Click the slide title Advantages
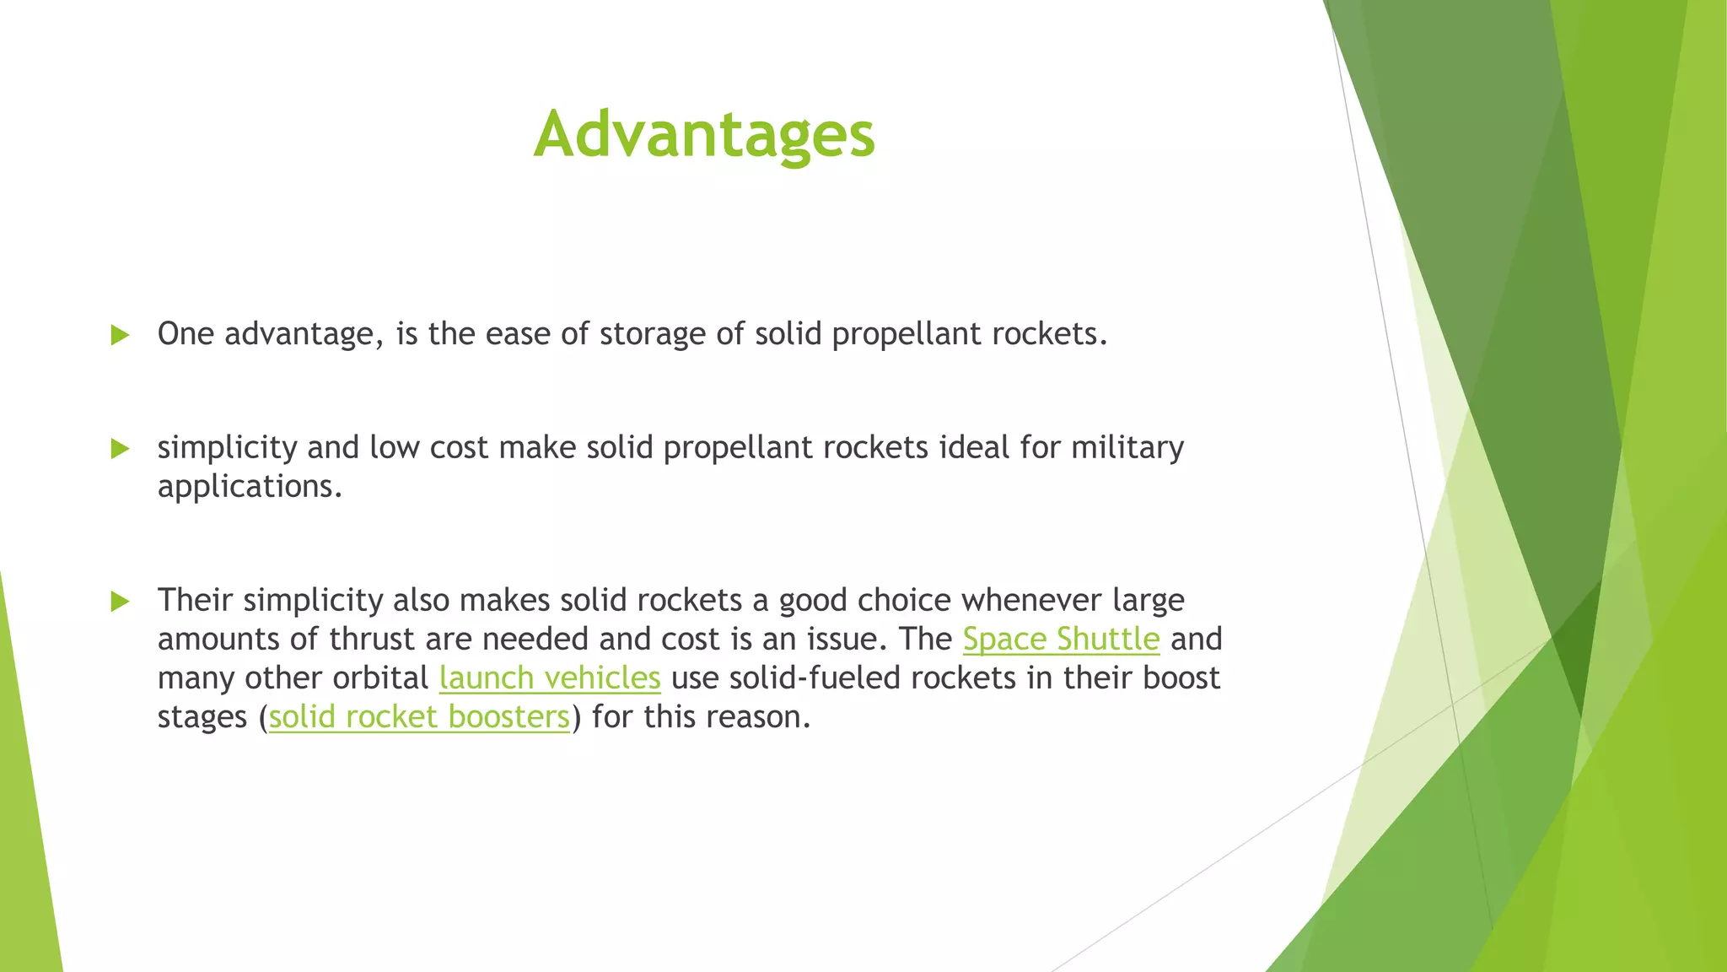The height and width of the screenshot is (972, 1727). [x=704, y=135]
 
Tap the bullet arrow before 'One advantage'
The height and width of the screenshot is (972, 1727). [x=120, y=336]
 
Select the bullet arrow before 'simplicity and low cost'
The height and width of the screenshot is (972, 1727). [x=120, y=449]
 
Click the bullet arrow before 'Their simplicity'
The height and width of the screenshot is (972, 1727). [x=120, y=602]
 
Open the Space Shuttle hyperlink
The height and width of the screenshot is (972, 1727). [x=1061, y=639]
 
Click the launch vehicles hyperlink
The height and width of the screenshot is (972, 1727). [x=550, y=678]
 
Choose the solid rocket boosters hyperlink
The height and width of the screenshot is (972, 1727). [x=419, y=716]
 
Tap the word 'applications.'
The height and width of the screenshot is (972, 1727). [x=250, y=487]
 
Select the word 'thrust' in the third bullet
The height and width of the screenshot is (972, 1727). [x=372, y=639]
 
